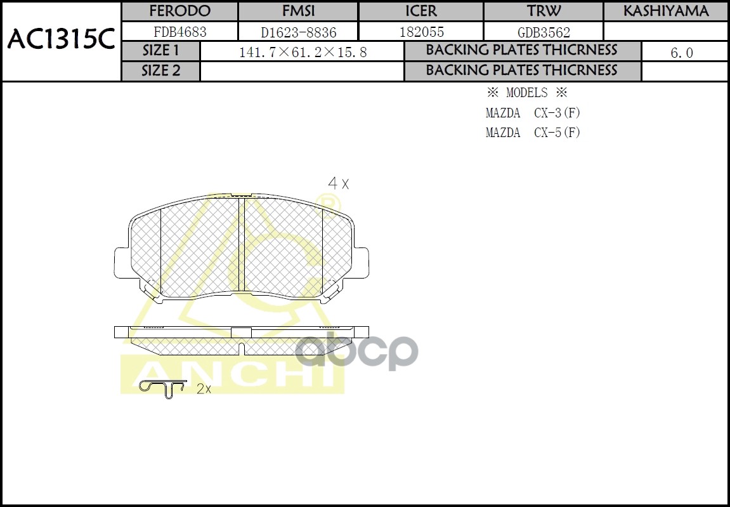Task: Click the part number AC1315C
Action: pos(61,41)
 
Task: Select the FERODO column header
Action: pos(179,11)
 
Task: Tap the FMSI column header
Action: pos(298,11)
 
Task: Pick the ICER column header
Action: pos(421,11)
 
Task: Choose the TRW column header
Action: pos(544,11)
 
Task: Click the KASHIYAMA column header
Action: pos(665,11)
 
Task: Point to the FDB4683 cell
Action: pos(179,32)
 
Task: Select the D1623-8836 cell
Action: pos(298,32)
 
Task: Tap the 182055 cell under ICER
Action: pos(421,32)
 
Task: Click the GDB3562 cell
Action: pos(544,32)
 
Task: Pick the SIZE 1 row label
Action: pos(161,51)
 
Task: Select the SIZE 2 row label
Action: pos(161,71)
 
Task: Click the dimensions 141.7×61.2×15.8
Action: pos(303,53)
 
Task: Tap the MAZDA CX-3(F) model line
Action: pos(533,114)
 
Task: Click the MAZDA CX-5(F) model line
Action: pos(533,133)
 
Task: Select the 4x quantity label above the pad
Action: pos(338,184)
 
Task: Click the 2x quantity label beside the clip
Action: pos(204,389)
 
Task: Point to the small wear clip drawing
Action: pos(162,388)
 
